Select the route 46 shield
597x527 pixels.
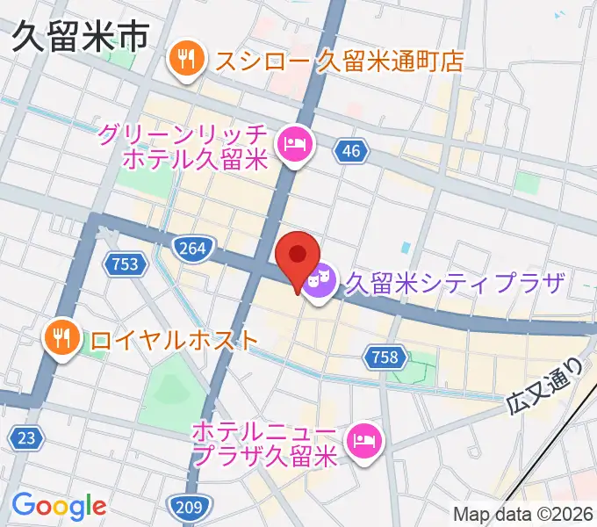(350, 152)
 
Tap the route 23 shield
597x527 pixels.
(25, 437)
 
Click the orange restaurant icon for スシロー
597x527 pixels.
(186, 60)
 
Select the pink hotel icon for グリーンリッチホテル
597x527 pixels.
(294, 142)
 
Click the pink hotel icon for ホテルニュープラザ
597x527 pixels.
(363, 437)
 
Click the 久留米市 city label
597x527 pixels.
(80, 39)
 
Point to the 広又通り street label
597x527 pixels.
(545, 386)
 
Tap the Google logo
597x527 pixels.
(58, 506)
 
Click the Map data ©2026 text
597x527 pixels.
(524, 515)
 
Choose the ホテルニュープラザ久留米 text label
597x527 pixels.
(263, 444)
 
